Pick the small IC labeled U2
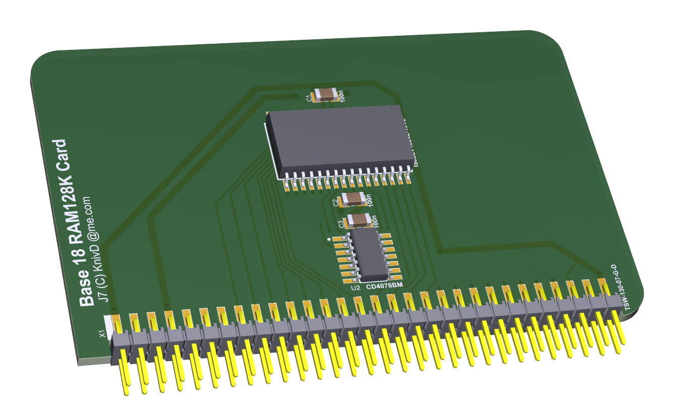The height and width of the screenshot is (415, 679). (x=369, y=256)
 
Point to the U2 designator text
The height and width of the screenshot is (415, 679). (x=355, y=288)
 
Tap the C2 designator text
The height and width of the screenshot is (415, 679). (x=336, y=202)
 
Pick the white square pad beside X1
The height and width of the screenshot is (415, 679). (x=108, y=322)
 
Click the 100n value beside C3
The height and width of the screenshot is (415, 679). (x=374, y=221)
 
